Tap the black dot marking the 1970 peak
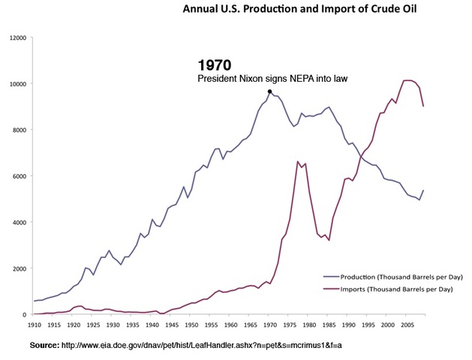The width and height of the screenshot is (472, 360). point(269,91)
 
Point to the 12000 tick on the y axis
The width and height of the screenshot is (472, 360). point(16,37)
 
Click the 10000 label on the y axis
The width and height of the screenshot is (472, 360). point(16,84)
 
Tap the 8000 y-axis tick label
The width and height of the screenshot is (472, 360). point(17,130)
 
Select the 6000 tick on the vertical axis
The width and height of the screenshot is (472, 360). point(17,176)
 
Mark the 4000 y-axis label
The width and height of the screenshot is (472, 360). point(17,223)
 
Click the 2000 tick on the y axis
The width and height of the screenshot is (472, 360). point(17,268)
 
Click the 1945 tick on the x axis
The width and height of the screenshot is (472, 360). point(173,326)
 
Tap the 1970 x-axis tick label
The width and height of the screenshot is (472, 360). point(269,326)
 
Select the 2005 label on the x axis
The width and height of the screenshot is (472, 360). point(405,326)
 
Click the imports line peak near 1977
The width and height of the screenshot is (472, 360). point(299,161)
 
